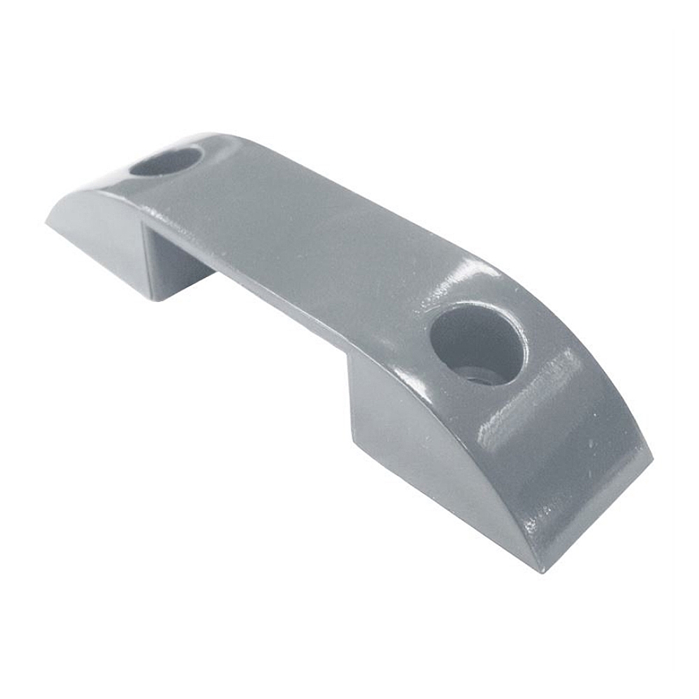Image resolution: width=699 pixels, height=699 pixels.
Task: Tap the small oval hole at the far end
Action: (x=166, y=161)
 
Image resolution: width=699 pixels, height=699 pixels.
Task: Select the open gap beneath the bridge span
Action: (x=280, y=315)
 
